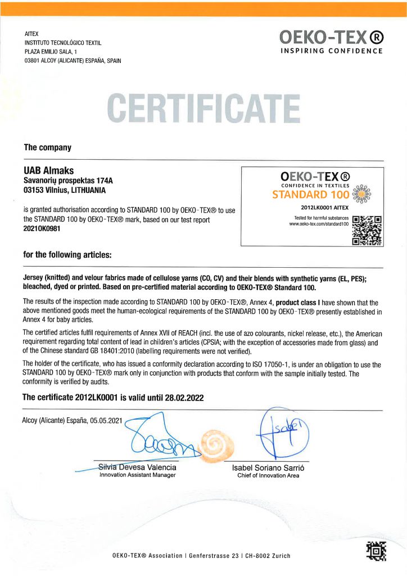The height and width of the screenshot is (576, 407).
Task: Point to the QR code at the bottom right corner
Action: click(x=377, y=551)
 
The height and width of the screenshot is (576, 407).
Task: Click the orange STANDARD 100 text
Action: click(x=311, y=195)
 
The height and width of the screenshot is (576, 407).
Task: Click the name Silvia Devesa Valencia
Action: click(x=137, y=467)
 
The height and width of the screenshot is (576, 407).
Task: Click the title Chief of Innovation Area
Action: click(x=268, y=475)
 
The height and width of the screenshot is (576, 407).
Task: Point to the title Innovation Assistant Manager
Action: click(x=137, y=475)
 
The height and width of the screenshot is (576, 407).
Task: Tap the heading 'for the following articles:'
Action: click(x=67, y=255)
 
